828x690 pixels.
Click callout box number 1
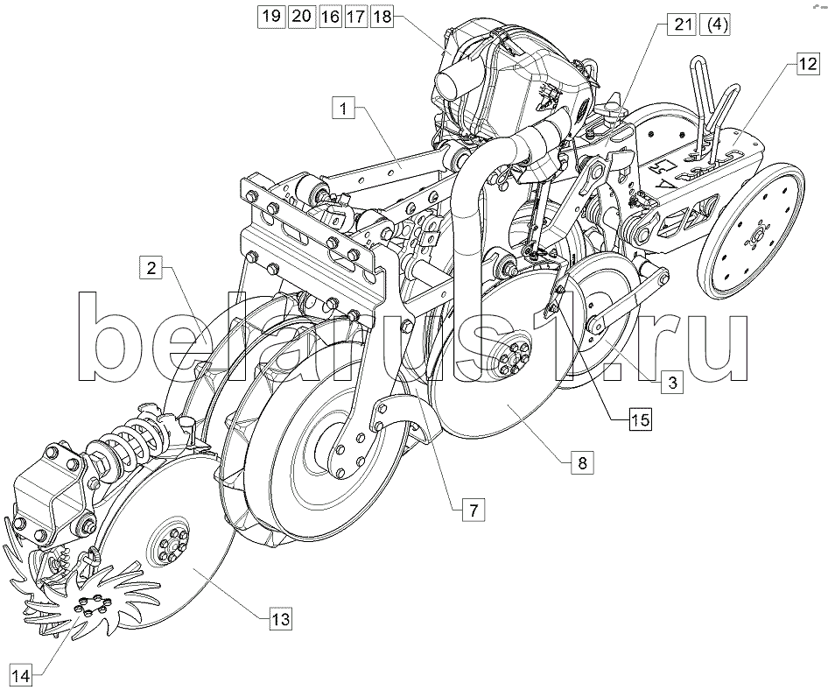(344, 109)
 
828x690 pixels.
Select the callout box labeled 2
(151, 267)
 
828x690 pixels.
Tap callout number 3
(672, 382)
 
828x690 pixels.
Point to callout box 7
(474, 510)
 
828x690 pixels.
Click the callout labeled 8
(582, 463)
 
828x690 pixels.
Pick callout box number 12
(806, 64)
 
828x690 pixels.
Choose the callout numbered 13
(281, 618)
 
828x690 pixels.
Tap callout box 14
(21, 675)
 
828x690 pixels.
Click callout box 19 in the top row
(272, 16)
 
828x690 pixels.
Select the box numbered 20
(301, 16)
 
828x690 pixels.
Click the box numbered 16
(330, 16)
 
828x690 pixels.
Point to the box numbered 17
(356, 16)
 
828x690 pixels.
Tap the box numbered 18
(382, 16)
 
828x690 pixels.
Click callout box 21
(683, 25)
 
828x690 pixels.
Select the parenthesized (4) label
(715, 25)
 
